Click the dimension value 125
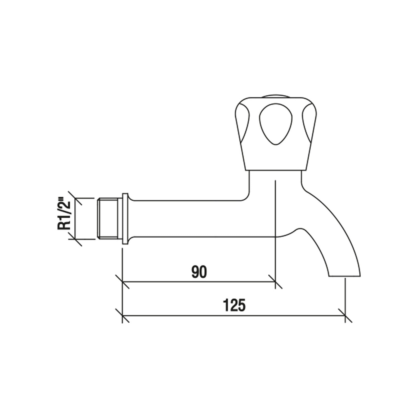coord(235,306)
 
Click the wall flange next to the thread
coord(125,218)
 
